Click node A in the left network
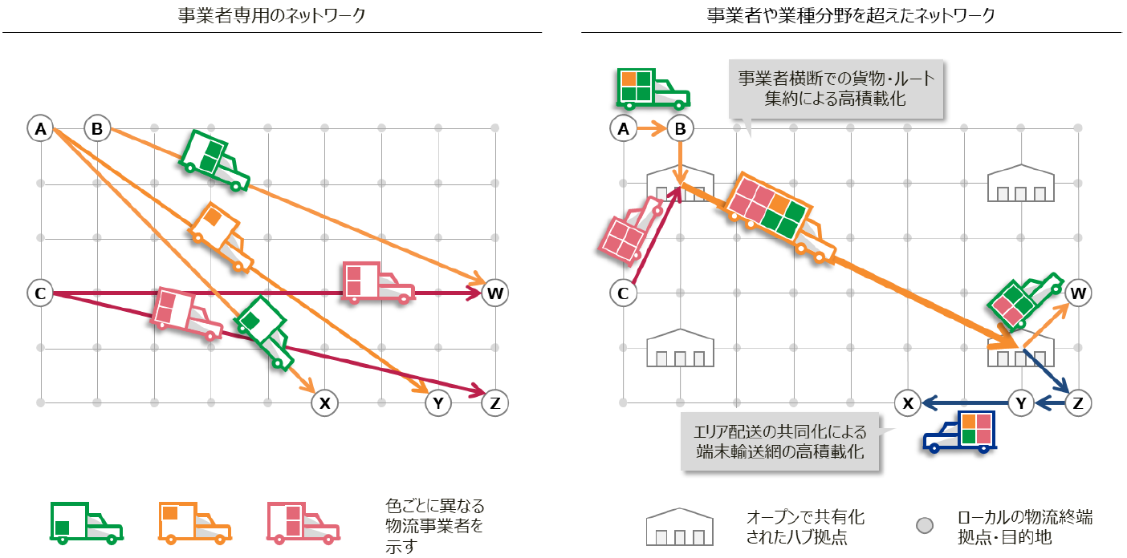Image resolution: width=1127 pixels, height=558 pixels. (x=40, y=129)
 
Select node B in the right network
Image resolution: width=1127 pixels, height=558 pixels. (x=680, y=129)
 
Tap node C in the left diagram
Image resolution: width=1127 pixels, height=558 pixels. (x=40, y=293)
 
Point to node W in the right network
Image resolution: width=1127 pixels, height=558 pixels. (x=1078, y=293)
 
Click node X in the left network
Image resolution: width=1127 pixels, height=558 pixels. (x=324, y=403)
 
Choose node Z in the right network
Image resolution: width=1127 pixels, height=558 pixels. (x=1078, y=403)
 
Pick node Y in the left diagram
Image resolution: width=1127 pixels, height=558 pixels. (x=438, y=403)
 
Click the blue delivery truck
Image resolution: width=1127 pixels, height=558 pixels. (x=960, y=432)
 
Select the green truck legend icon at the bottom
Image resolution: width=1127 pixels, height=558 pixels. (x=87, y=524)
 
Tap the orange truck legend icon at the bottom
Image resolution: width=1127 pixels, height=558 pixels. (x=195, y=524)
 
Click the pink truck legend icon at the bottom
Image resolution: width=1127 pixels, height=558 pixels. (x=303, y=524)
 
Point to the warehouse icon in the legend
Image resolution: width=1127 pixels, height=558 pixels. (x=680, y=527)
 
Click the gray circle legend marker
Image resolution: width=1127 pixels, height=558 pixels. (x=925, y=525)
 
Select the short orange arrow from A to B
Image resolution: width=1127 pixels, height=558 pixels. (x=652, y=129)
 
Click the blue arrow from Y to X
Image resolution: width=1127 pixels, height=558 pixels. (x=965, y=402)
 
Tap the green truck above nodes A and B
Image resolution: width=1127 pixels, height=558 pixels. (x=653, y=89)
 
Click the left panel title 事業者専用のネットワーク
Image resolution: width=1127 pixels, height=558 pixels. (x=271, y=15)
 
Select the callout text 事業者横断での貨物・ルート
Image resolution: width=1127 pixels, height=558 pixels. (x=836, y=79)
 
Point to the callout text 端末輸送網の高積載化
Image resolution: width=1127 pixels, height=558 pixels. (x=780, y=451)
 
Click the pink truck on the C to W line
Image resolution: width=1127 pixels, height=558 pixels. (x=378, y=282)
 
